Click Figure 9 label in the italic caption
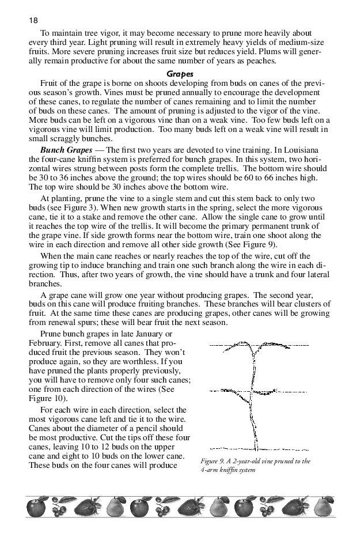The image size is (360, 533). click(215, 461)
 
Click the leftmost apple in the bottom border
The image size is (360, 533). click(36, 508)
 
